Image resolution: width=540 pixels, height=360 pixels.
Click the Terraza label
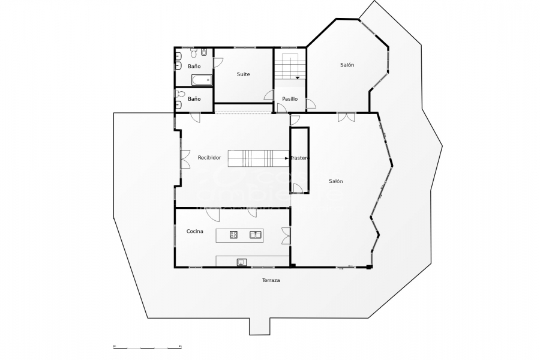271,280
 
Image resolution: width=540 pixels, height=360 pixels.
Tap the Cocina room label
194,231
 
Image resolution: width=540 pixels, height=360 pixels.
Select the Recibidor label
209,157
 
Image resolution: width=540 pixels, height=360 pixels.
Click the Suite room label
243,74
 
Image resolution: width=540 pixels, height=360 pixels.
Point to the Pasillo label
290,98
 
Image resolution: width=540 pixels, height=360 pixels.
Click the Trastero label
299,158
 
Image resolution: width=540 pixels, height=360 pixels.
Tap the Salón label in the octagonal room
347,65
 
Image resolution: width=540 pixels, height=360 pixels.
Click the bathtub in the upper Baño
201,80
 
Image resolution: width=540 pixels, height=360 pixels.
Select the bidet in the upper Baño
203,52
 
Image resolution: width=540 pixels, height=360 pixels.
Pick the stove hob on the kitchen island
233,235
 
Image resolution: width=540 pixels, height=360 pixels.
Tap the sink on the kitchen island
255,235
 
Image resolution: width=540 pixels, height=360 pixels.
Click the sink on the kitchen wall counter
241,261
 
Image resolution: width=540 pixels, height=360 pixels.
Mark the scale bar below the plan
147,347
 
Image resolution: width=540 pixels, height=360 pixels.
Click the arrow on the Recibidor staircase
286,158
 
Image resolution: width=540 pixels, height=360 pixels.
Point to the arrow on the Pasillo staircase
297,77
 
